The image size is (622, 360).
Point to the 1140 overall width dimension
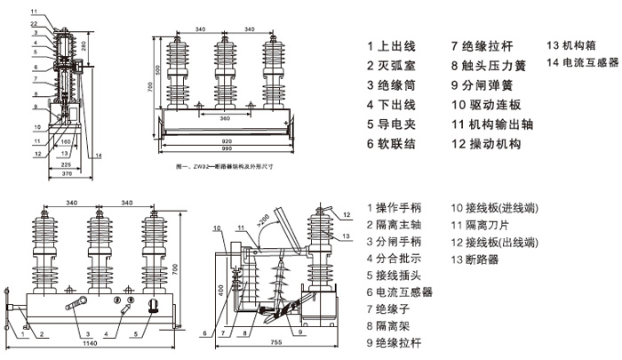point(90,342)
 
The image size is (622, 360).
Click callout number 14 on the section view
point(98,156)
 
